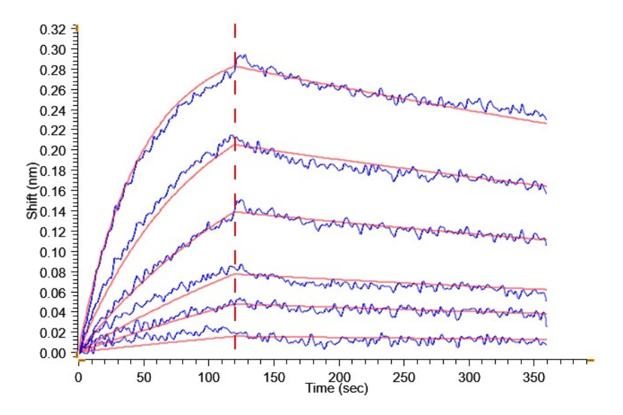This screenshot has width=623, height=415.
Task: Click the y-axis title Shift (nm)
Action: (32, 192)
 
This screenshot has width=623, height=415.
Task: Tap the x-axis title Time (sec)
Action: (336, 389)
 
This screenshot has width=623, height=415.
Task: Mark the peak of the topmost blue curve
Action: (240, 55)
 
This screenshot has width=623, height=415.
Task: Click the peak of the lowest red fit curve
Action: (235, 336)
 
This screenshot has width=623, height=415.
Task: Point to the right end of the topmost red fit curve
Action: (547, 122)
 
